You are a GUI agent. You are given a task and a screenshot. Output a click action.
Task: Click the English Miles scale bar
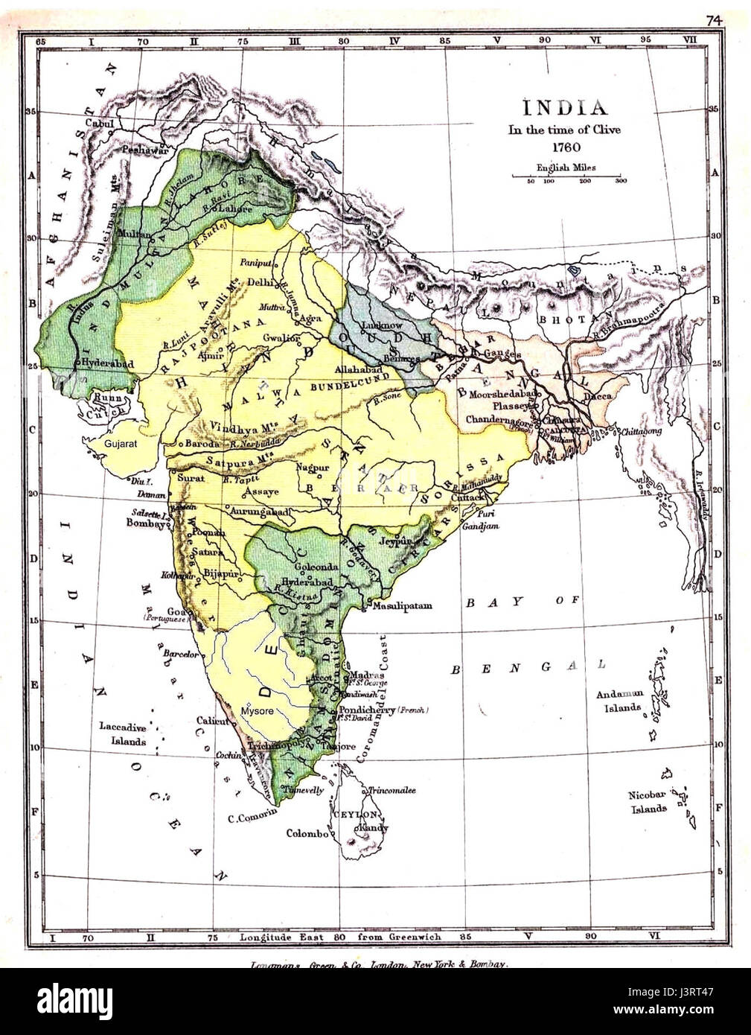[x=567, y=177]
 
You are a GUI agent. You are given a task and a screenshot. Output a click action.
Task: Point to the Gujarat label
[x=121, y=442]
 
